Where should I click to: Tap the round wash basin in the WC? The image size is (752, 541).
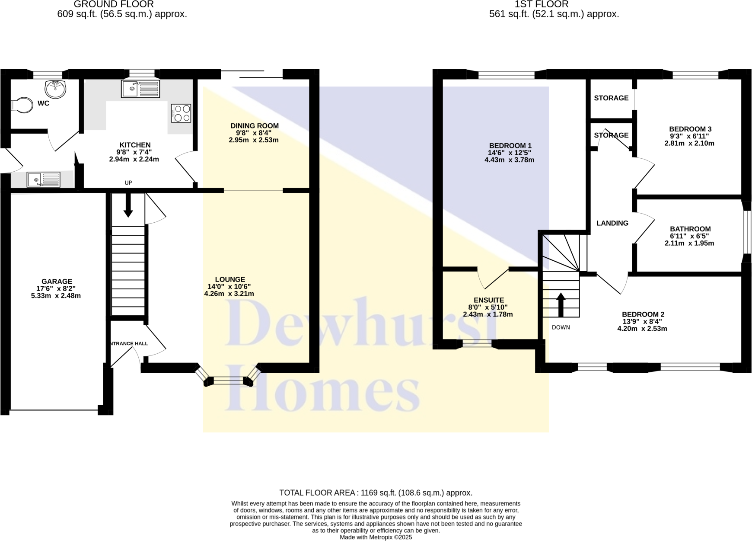point(55,89)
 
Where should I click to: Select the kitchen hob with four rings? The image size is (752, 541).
point(181,113)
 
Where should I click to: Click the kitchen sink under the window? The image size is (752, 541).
point(140,89)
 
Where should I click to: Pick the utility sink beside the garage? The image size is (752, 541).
point(43,179)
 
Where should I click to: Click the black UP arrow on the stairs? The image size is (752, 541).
point(128,206)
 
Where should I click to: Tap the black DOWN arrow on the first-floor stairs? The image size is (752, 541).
point(561,305)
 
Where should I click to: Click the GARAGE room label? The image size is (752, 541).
point(57,282)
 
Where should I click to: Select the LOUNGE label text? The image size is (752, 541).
point(230,279)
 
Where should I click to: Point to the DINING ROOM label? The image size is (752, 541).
point(254,126)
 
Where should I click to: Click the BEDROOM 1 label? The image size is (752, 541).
point(510,146)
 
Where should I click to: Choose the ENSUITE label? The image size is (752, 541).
point(488,300)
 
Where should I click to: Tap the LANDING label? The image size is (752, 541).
point(612,223)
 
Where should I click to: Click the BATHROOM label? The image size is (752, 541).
point(690,229)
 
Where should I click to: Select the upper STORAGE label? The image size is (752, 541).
point(611,98)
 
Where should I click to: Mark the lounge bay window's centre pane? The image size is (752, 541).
point(229,381)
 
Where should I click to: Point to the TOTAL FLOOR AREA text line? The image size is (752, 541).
point(376,493)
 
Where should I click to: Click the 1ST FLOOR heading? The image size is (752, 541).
point(542,4)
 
